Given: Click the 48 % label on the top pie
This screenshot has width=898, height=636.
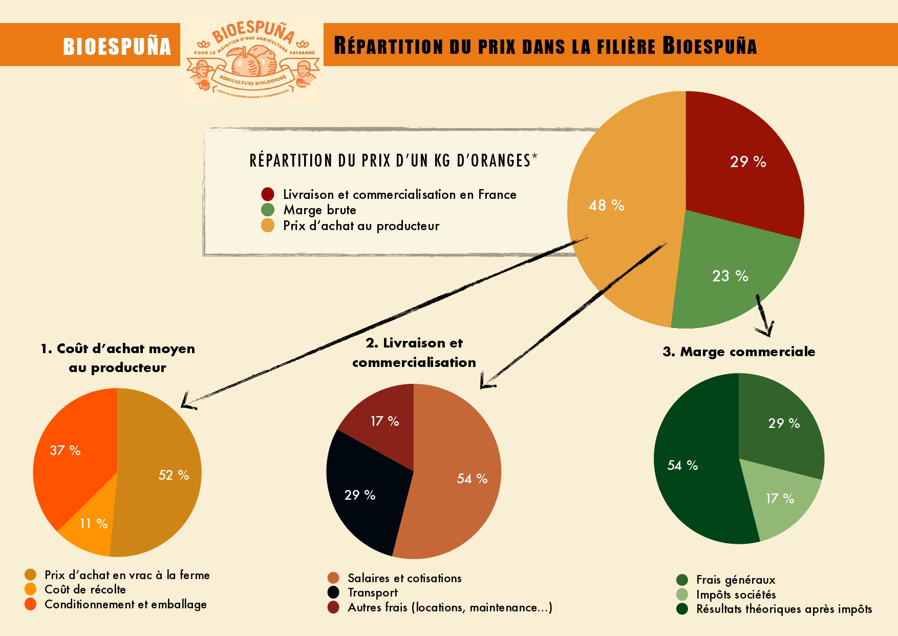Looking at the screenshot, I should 606,206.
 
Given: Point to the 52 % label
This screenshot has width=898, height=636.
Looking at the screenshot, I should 174,475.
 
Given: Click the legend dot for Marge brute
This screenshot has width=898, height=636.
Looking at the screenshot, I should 268,210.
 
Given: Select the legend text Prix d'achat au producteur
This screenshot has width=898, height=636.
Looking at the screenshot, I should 361,226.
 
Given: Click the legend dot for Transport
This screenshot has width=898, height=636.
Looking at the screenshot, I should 333,592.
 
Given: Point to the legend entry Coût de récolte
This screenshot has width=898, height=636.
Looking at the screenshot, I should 85,589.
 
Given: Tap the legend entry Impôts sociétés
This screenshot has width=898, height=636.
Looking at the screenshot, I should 736,594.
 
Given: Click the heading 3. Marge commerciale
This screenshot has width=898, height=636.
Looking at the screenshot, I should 739,352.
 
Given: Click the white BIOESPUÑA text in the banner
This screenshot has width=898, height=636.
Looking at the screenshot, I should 117,46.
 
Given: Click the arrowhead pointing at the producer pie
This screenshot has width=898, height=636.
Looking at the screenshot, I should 187,403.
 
